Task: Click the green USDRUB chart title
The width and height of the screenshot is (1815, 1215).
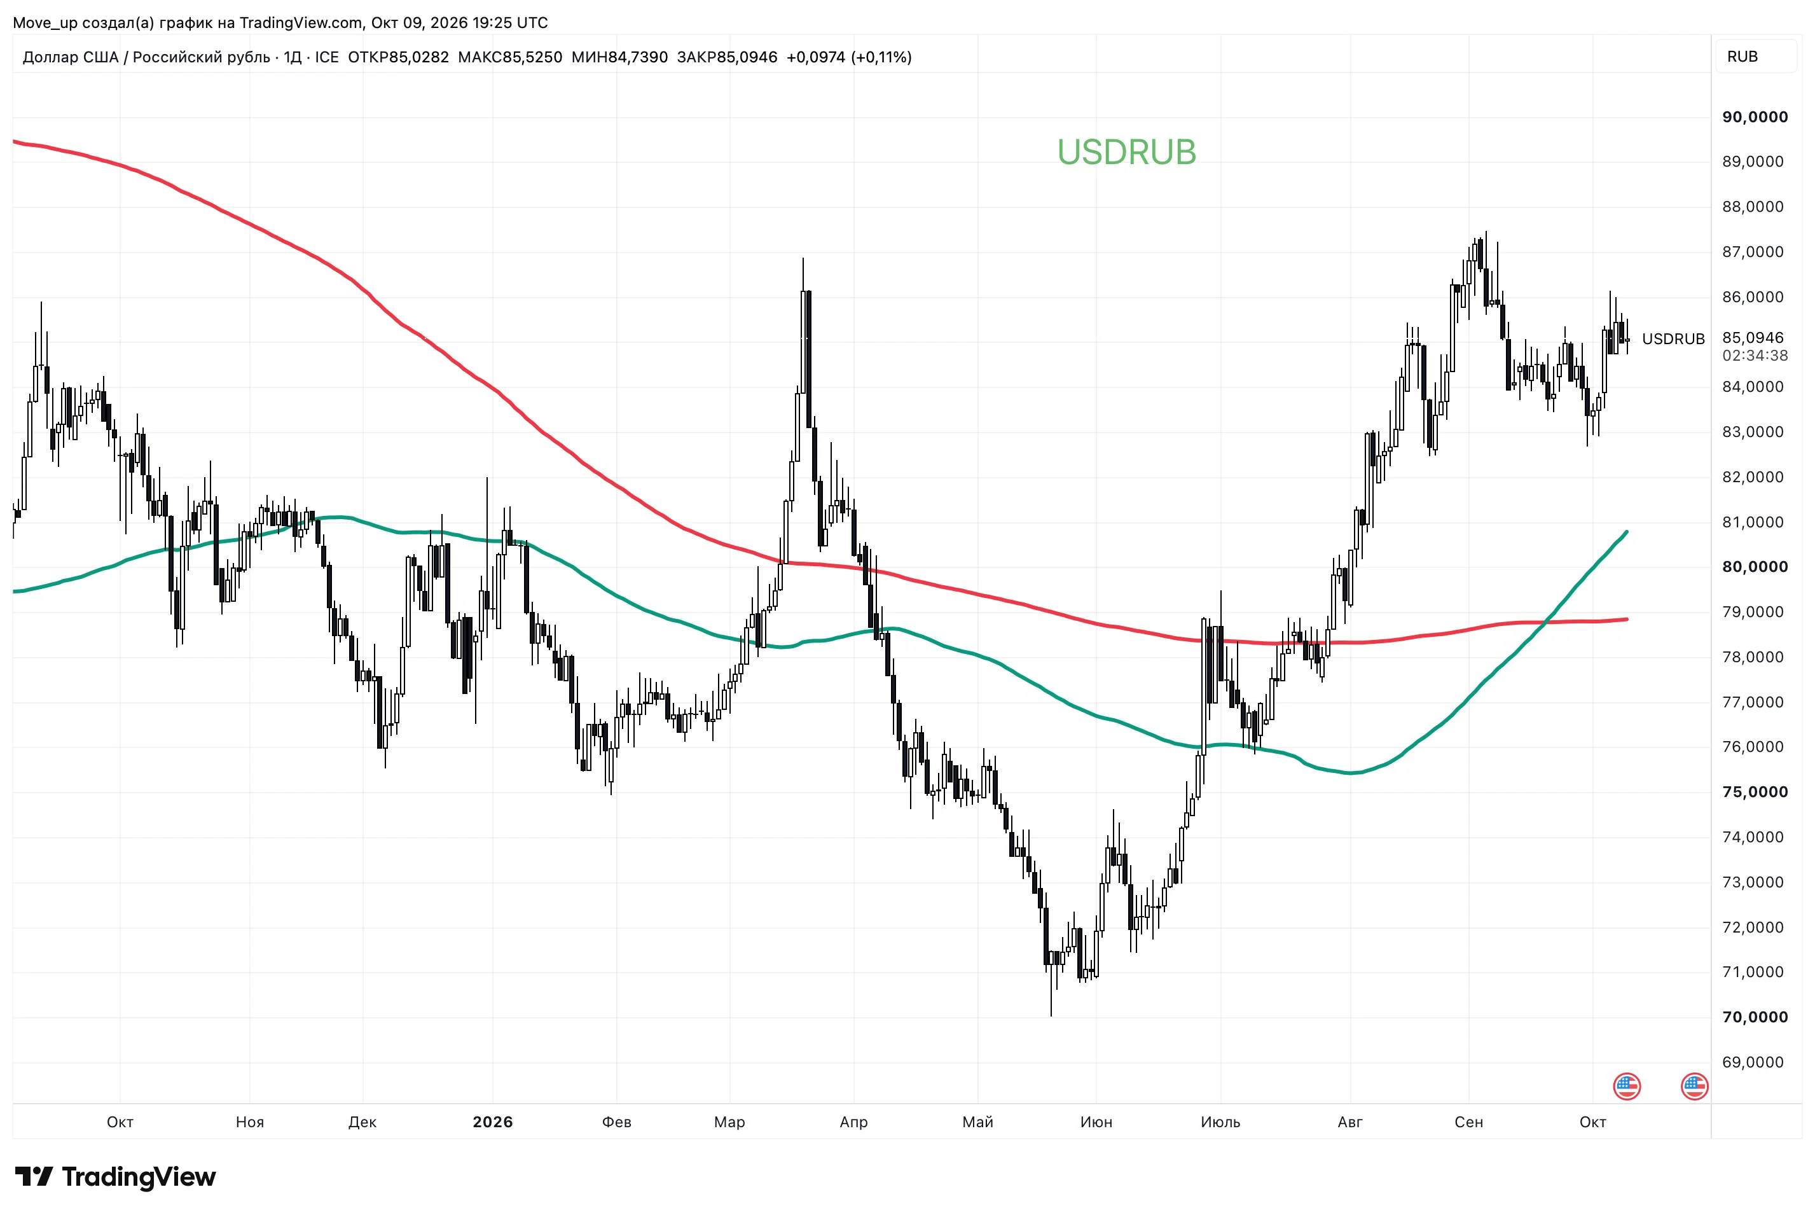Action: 1126,153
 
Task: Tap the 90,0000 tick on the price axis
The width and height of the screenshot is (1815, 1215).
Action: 1755,117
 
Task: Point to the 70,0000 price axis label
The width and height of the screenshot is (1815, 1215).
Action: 1755,1017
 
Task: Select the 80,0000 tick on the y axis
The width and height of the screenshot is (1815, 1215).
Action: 1755,566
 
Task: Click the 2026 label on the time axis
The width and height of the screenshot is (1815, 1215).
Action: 493,1121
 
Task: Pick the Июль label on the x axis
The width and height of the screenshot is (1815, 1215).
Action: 1220,1121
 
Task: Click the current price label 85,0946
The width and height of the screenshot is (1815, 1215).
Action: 1752,338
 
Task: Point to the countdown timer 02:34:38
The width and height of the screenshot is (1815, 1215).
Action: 1755,356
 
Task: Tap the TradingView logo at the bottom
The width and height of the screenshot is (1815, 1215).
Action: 115,1177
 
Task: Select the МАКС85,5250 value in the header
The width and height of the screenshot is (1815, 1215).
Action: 510,57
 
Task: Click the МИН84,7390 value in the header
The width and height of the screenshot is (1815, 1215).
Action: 619,57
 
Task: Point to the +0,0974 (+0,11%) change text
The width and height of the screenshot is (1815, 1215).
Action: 848,57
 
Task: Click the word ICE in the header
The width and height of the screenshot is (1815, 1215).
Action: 326,57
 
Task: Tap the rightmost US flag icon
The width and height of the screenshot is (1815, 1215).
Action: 1694,1087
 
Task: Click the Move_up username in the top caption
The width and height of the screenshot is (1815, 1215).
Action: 45,22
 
